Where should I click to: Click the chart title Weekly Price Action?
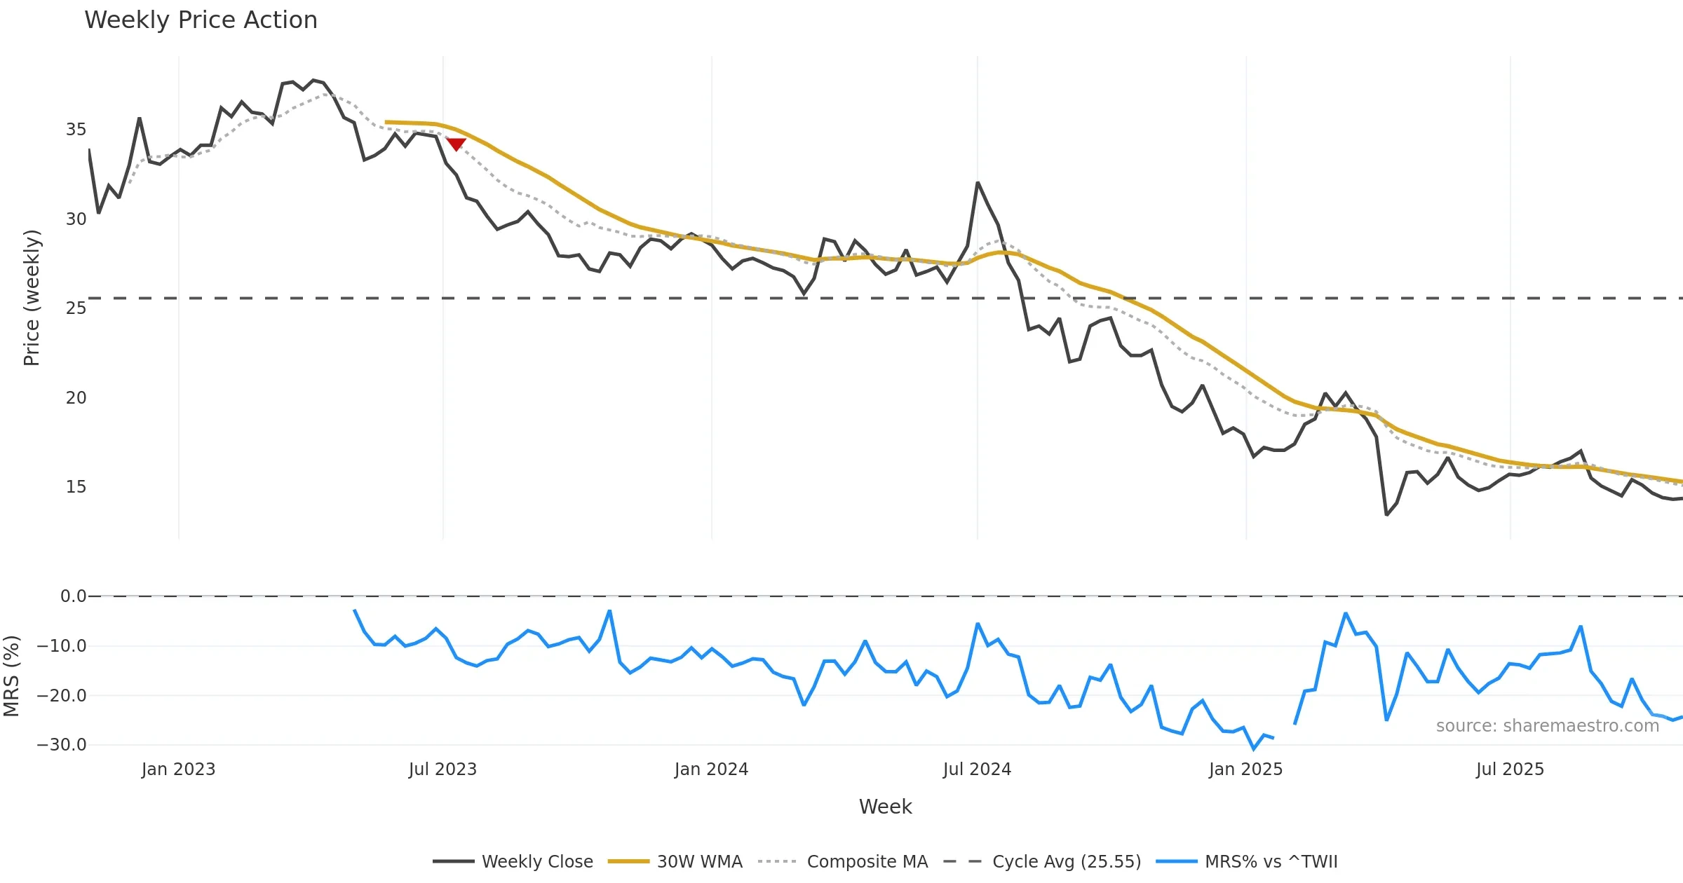click(x=201, y=20)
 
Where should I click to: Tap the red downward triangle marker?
click(x=456, y=144)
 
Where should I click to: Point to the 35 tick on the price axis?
click(x=76, y=130)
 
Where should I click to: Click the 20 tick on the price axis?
click(x=76, y=398)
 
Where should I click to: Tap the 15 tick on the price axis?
click(x=76, y=487)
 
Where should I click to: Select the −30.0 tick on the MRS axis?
click(x=62, y=745)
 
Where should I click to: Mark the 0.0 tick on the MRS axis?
click(x=73, y=596)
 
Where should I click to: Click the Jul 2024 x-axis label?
click(x=977, y=769)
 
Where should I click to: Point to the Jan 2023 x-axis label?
click(x=178, y=769)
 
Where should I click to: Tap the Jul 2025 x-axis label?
click(x=1510, y=769)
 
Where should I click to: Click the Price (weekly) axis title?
click(x=32, y=298)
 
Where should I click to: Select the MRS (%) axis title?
click(x=11, y=676)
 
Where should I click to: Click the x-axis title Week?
click(x=885, y=807)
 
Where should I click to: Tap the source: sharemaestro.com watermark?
click(x=1547, y=726)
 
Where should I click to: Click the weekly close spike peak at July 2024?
click(x=978, y=183)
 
